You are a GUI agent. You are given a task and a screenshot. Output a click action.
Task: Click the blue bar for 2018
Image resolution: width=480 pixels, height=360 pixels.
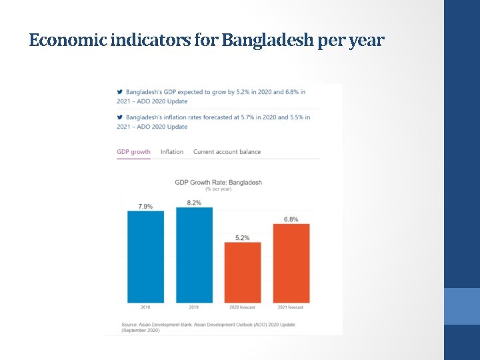click(x=145, y=257)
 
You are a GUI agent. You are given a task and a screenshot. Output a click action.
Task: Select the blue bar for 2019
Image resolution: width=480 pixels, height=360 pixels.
click(x=194, y=255)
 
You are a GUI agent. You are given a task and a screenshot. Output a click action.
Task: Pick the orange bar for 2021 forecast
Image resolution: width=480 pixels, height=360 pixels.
click(x=291, y=263)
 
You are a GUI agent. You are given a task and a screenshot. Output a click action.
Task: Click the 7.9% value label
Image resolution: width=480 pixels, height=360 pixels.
click(x=145, y=207)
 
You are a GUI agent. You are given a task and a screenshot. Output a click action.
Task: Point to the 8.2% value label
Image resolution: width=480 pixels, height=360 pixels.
click(x=194, y=203)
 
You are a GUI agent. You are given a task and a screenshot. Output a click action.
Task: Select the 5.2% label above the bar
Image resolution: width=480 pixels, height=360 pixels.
click(x=243, y=237)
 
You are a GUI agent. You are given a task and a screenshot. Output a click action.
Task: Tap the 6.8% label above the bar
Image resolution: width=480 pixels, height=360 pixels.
click(x=291, y=219)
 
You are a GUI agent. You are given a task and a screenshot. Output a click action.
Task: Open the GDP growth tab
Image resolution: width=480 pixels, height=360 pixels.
click(x=133, y=152)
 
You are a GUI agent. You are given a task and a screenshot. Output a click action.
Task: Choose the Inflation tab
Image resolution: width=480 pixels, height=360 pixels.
click(x=172, y=152)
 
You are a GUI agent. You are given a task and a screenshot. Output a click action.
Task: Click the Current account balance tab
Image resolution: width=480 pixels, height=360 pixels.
click(x=227, y=152)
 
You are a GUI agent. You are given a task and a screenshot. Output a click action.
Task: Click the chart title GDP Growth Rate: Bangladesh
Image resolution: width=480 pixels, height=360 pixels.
click(x=218, y=182)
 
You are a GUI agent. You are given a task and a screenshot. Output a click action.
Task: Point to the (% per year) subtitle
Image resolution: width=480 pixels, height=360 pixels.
click(x=218, y=189)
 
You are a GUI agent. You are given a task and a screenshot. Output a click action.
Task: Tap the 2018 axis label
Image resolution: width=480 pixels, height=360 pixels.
click(x=145, y=307)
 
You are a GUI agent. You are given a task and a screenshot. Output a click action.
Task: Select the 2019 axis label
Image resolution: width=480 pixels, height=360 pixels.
click(x=194, y=307)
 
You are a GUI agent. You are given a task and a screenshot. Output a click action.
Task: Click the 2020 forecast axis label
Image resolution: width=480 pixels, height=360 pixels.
click(x=243, y=307)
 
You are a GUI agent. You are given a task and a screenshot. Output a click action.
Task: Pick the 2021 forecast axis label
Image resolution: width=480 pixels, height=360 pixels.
click(x=291, y=307)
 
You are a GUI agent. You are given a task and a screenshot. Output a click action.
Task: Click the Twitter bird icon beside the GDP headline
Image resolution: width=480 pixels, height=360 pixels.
click(x=120, y=92)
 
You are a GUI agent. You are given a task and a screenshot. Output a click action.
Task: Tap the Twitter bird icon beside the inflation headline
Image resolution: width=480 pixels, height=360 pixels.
click(x=120, y=117)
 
